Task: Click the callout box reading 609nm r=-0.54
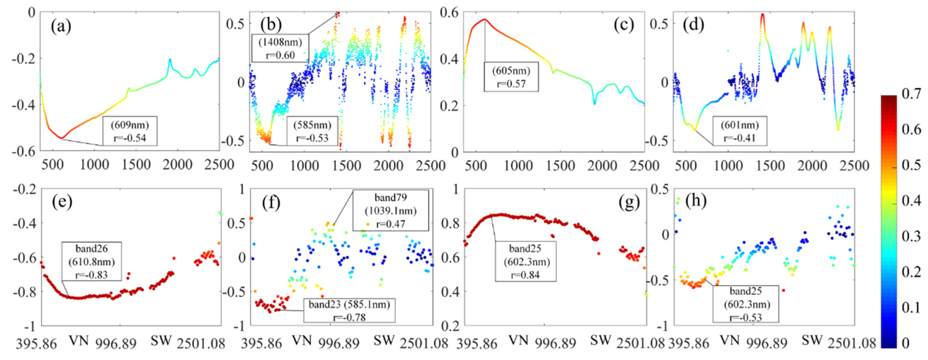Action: (130, 131)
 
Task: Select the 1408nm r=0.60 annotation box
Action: (280, 48)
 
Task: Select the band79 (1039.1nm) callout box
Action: (391, 210)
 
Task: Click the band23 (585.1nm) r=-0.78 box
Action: (349, 311)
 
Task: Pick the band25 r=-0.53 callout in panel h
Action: (745, 304)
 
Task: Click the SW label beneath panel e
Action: (161, 340)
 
